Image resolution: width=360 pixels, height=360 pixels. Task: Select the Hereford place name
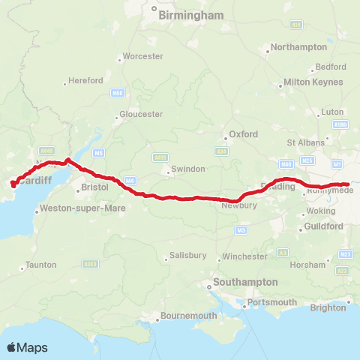pos(85,80)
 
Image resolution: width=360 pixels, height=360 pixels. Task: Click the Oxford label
pos(243,134)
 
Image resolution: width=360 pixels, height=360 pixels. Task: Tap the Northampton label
pos(298,46)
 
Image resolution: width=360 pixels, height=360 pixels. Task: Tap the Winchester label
pos(245,256)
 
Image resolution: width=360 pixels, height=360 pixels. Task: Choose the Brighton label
pos(328,307)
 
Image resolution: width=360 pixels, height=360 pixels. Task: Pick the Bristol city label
pos(95,186)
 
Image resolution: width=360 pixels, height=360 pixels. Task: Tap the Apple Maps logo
pos(27,347)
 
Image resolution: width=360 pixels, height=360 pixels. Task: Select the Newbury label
pos(239,205)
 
